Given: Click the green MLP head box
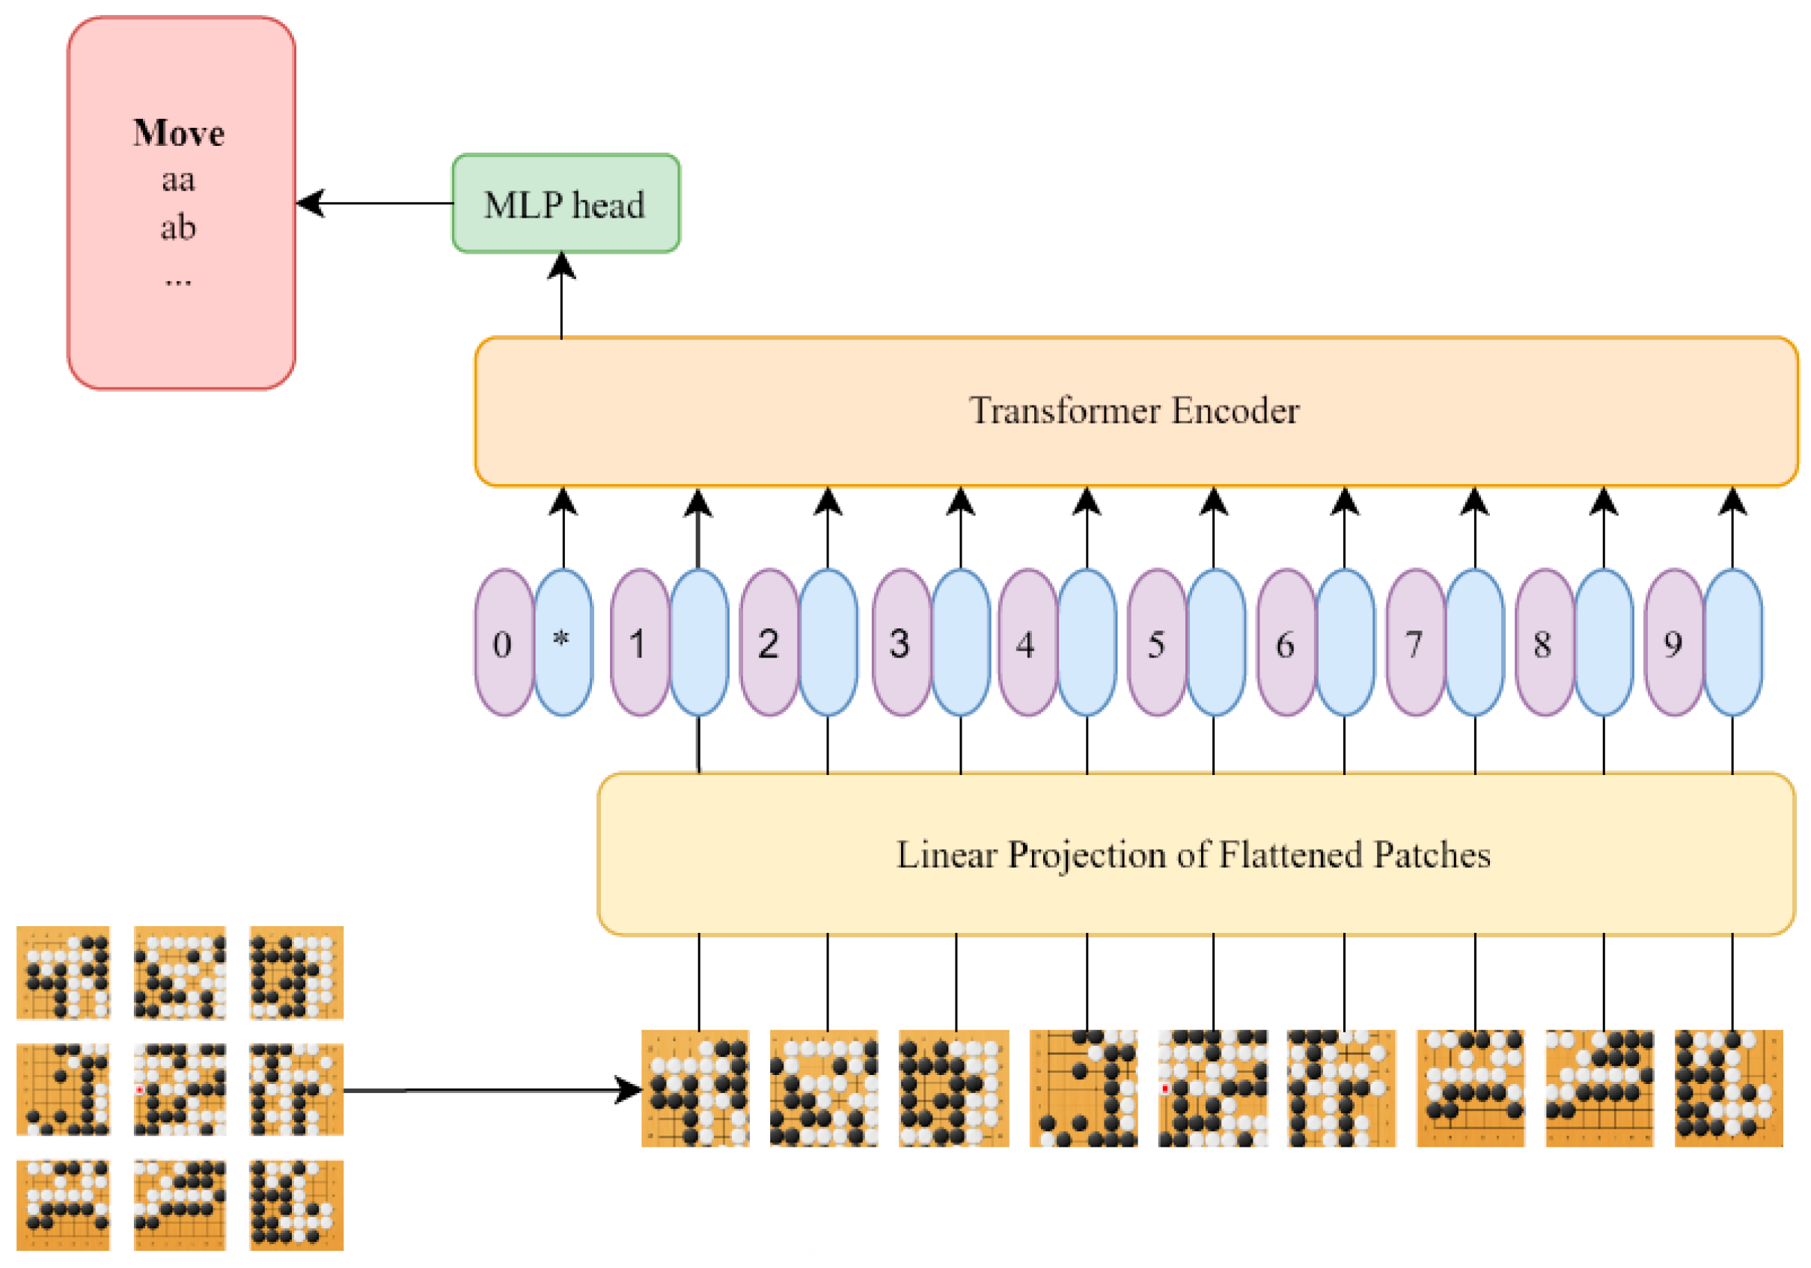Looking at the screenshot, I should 565,203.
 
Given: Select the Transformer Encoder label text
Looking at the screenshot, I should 1134,411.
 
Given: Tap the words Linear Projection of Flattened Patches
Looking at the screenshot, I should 1193,855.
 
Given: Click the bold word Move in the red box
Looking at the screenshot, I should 178,133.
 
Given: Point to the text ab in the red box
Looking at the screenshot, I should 178,228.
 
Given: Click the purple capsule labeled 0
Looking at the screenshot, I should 503,643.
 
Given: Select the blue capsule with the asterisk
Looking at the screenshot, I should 563,643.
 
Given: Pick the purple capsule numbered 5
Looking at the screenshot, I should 1156,643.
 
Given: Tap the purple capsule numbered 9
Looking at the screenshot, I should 1673,643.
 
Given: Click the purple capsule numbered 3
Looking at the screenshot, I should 900,643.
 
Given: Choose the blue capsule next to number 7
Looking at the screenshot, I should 1474,643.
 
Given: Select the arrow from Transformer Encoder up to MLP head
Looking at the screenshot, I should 561,296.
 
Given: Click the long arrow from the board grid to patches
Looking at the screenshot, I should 489,1091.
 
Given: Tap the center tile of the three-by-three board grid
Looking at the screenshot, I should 180,1090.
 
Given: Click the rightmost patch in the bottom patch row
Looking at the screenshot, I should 1728,1088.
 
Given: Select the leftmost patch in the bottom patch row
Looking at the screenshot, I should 695,1088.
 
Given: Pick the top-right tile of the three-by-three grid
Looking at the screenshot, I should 296,973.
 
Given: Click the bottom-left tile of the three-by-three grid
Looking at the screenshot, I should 63,1204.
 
